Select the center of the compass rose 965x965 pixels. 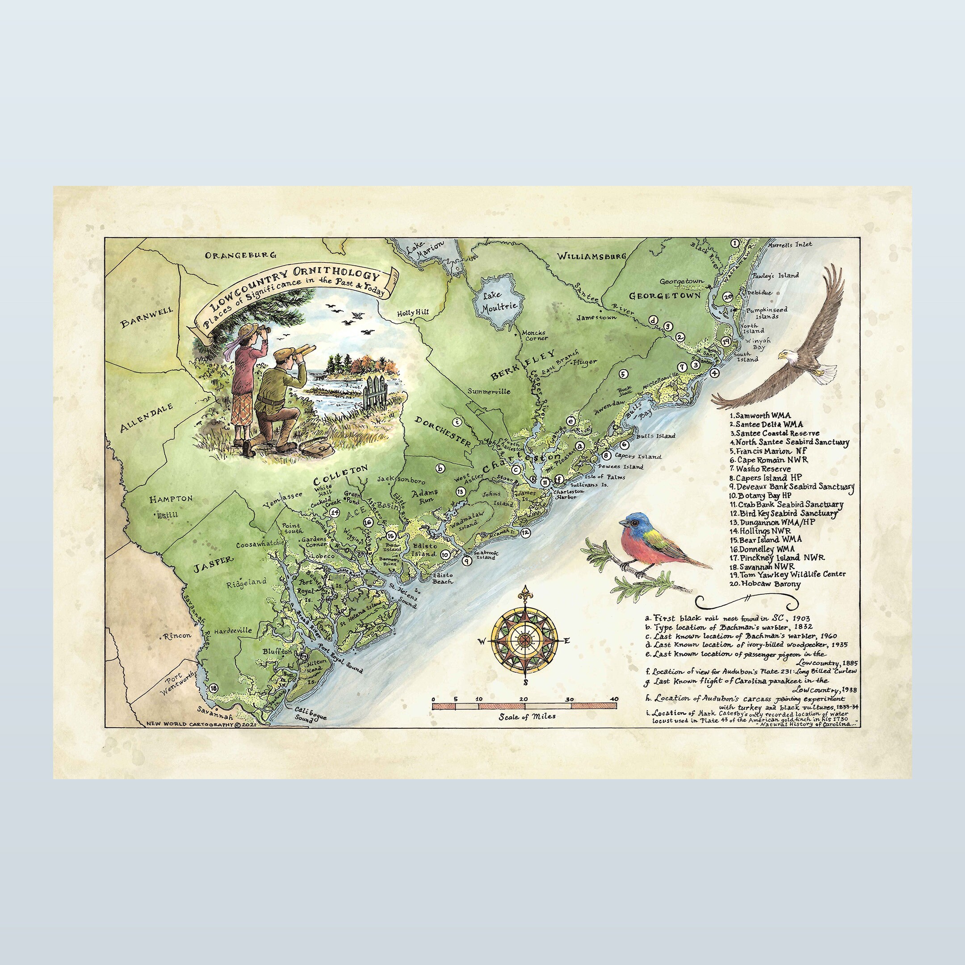coord(524,641)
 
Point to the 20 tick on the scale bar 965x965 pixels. coord(524,699)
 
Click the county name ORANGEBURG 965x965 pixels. coord(241,255)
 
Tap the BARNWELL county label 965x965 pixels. coord(147,316)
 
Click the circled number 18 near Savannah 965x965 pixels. coord(214,688)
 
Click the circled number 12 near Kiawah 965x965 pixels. coord(525,533)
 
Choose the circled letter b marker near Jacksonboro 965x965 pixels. coord(440,469)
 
